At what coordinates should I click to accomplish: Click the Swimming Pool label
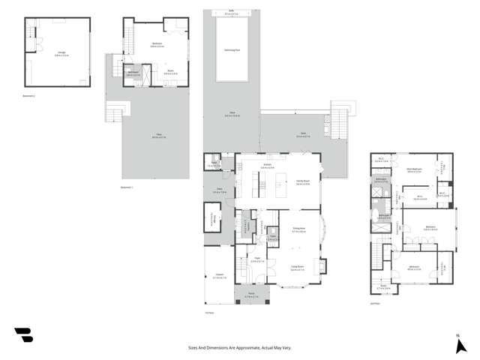click(232, 50)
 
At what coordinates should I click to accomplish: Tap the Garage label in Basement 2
click(61, 52)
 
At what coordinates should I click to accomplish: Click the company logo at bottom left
click(24, 335)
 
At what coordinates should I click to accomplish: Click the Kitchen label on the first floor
click(267, 165)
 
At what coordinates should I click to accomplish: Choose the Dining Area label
click(298, 229)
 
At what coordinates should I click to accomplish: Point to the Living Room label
click(298, 268)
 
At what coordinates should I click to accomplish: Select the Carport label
click(219, 275)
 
